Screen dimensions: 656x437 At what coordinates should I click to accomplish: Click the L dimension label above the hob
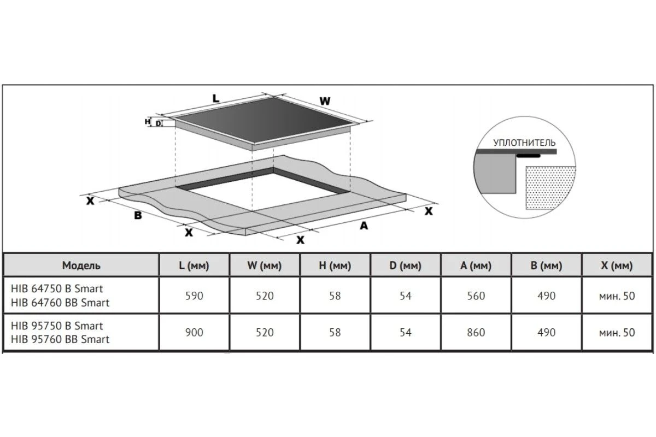(216, 99)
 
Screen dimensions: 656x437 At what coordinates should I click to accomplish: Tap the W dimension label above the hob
(325, 101)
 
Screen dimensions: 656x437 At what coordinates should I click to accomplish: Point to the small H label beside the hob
(147, 121)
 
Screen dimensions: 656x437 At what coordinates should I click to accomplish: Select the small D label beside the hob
(158, 123)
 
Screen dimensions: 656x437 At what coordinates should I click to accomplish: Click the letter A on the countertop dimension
(364, 226)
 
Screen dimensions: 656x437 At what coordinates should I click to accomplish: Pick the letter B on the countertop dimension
(138, 215)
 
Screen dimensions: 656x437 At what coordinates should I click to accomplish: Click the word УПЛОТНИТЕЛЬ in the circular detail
(524, 143)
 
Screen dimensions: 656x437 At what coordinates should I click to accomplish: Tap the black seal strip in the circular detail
(528, 156)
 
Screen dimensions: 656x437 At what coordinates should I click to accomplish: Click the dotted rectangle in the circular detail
(550, 187)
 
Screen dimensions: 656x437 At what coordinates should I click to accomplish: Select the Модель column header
(81, 265)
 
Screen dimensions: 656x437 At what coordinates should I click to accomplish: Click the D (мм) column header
(405, 265)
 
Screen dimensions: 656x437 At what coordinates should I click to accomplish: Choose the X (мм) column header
(617, 265)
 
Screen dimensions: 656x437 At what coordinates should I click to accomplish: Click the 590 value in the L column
(194, 296)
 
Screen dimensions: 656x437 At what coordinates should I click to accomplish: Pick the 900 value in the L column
(194, 333)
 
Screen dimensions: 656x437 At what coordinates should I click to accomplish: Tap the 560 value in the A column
(476, 296)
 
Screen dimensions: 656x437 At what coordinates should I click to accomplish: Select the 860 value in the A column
(476, 333)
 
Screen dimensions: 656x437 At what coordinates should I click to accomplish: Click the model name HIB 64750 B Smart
(57, 289)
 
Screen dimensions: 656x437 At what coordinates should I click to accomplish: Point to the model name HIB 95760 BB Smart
(60, 340)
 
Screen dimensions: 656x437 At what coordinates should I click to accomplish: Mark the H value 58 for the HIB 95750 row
(335, 333)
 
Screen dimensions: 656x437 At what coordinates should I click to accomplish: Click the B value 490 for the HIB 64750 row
(547, 296)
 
